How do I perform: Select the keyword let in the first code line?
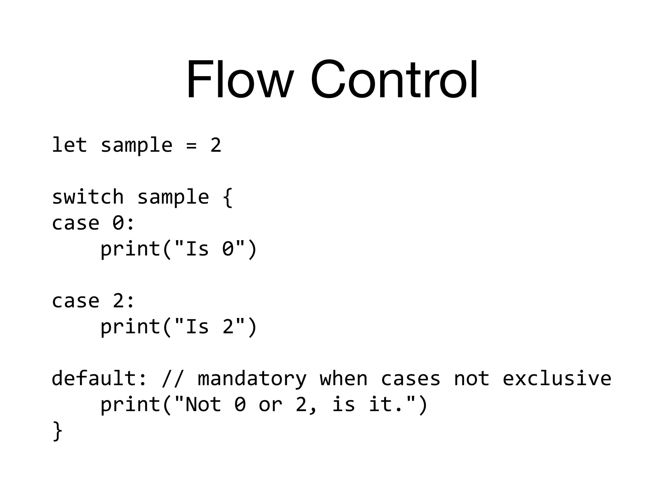(69, 145)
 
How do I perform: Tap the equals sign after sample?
(192, 146)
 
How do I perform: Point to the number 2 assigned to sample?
(216, 145)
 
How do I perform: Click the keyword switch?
(88, 197)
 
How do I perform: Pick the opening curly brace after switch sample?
(228, 197)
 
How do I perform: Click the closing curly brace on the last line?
(57, 431)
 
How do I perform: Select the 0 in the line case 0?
(118, 223)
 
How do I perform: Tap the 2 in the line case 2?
(118, 301)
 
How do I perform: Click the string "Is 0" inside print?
(209, 249)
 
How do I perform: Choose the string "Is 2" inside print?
(209, 327)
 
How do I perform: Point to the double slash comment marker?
(173, 379)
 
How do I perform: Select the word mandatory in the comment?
(252, 379)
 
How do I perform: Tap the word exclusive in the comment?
(557, 378)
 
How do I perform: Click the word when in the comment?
(344, 378)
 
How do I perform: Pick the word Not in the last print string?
(203, 405)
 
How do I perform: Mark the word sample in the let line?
(136, 146)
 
